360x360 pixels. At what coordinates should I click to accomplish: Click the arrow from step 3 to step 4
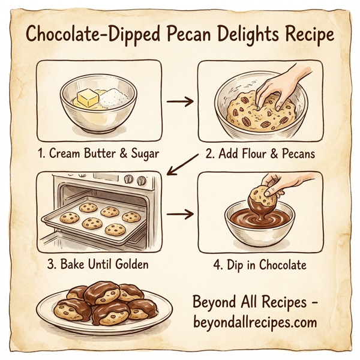click(179, 214)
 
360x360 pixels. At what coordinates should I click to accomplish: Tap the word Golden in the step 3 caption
click(133, 265)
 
